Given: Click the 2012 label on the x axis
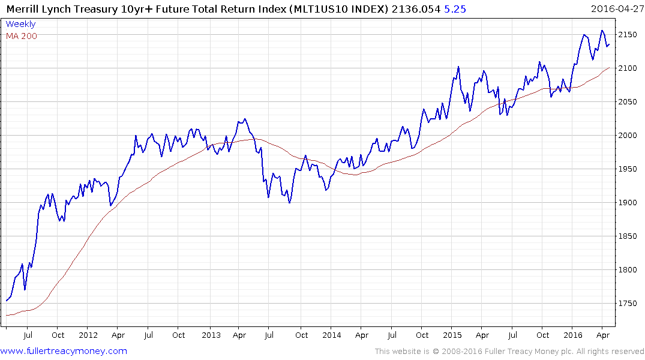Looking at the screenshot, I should (88, 335).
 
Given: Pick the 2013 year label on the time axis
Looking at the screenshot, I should (211, 335).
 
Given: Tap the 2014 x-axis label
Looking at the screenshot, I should (331, 335).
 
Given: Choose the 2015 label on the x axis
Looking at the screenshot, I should (452, 335).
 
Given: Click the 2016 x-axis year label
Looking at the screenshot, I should (573, 335).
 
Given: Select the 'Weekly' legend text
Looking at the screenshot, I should (20, 24).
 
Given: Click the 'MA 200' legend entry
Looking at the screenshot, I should (22, 36).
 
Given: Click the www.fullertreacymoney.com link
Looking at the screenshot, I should (64, 351).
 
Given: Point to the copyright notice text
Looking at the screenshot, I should (509, 352).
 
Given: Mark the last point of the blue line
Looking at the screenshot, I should (609, 44).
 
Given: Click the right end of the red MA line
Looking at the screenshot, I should (610, 68).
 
